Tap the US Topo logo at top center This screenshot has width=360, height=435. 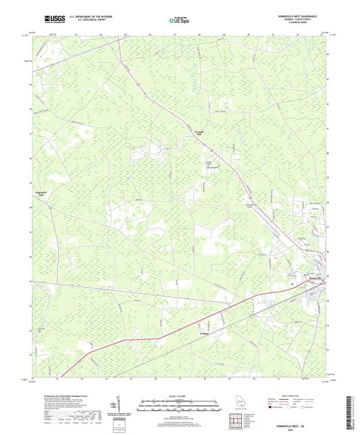(x=179, y=20)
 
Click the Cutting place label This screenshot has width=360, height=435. (x=205, y=333)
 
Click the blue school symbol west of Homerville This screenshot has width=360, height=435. (x=292, y=284)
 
